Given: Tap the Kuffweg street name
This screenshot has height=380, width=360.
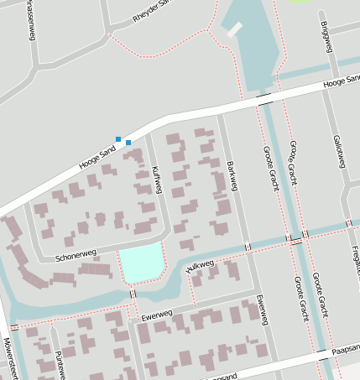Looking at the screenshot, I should (156, 180).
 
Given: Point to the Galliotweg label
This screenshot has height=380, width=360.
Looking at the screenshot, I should (338, 151).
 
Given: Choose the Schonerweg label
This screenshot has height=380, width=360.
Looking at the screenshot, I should (76, 255).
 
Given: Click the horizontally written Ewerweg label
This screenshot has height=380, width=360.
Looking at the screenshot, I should (156, 316).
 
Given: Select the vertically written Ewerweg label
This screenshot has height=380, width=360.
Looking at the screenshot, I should (263, 310).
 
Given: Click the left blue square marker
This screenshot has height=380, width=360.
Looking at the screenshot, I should (119, 138).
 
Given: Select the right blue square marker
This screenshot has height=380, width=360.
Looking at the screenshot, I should (128, 143).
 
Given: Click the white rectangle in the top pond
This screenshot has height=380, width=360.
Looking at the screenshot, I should (233, 29).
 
